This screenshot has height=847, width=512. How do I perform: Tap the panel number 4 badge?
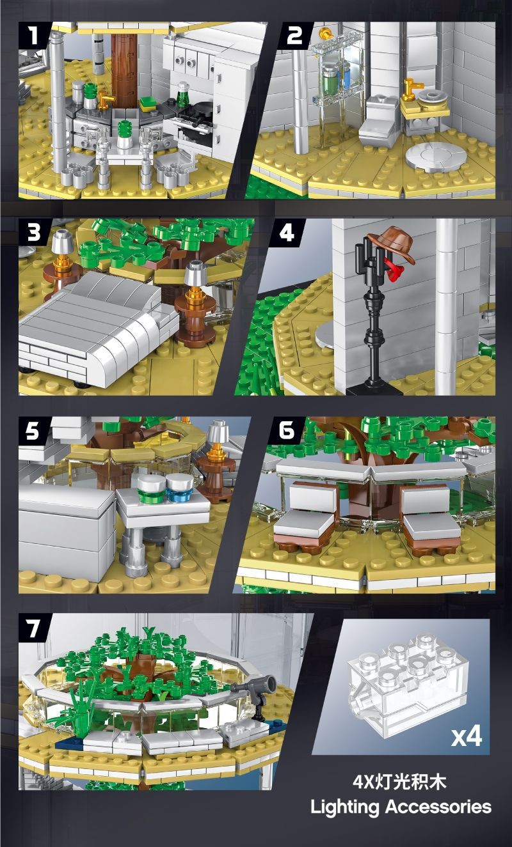(287, 231)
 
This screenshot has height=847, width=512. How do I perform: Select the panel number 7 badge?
(33, 628)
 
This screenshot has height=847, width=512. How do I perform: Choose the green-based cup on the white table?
(152, 490)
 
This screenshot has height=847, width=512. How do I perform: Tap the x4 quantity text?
(466, 736)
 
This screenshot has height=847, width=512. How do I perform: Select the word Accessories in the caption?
(438, 806)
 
